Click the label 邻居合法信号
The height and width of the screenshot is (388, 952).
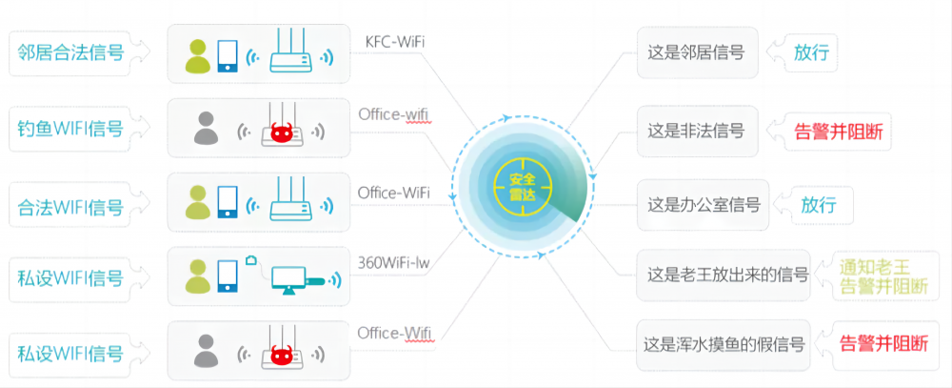(70, 53)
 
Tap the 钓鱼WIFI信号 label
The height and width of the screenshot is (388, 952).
(70, 129)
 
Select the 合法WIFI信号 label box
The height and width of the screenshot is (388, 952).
(70, 207)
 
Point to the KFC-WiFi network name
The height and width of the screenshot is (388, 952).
(395, 42)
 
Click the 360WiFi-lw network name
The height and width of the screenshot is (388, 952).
(394, 263)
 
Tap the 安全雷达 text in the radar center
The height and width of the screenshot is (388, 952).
(522, 186)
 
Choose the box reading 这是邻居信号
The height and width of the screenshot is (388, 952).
(698, 52)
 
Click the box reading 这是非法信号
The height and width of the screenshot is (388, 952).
(698, 131)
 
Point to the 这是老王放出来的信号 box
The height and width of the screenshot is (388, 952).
(724, 275)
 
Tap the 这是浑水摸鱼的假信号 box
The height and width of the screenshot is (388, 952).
(724, 345)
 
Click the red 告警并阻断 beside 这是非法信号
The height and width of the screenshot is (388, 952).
(839, 132)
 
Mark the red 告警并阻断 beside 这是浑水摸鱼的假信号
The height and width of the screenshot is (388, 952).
(884, 344)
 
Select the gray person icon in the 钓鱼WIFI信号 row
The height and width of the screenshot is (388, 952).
(206, 129)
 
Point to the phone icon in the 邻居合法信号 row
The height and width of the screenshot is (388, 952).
(228, 55)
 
